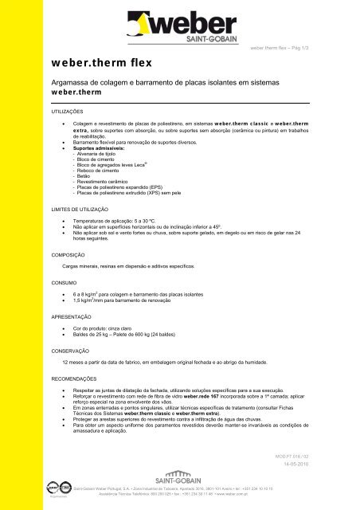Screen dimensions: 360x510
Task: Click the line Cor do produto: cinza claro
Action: (107, 328)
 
